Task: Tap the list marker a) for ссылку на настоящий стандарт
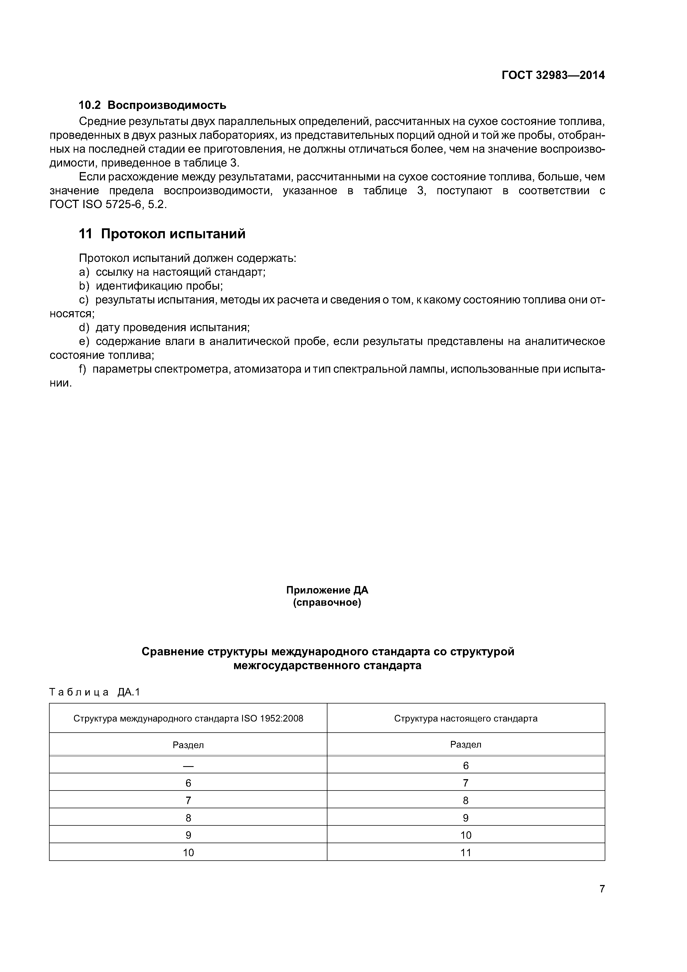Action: tap(84, 272)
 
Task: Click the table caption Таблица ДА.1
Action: tap(94, 692)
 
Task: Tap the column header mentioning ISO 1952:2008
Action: tap(188, 718)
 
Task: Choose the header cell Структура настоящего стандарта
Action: tap(466, 718)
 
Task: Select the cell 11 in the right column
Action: tap(466, 853)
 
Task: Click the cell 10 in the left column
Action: tap(188, 853)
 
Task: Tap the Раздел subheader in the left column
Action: tap(188, 745)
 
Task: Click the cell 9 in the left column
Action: tap(188, 835)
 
